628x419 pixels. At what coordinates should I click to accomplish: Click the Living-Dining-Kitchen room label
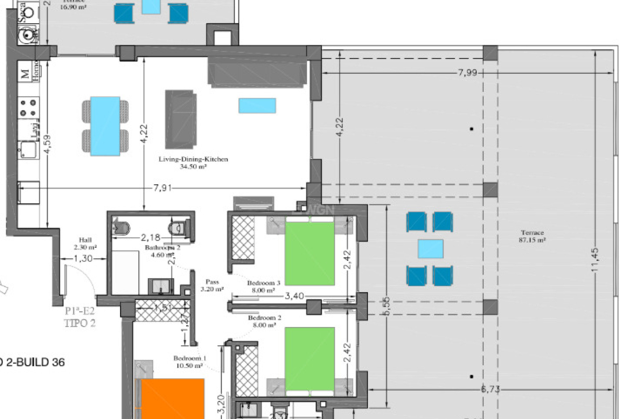pyautogui.click(x=193, y=159)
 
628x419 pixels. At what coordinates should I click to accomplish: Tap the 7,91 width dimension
pyautogui.click(x=162, y=188)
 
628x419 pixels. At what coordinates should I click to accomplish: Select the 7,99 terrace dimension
pyautogui.click(x=467, y=73)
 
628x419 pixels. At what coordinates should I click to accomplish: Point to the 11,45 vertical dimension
pyautogui.click(x=595, y=259)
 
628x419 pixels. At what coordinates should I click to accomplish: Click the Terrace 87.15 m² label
pyautogui.click(x=532, y=236)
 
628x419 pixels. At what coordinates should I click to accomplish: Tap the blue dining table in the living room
pyautogui.click(x=105, y=126)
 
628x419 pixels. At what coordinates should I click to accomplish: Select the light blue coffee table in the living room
pyautogui.click(x=257, y=106)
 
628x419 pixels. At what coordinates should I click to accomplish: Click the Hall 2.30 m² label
pyautogui.click(x=85, y=244)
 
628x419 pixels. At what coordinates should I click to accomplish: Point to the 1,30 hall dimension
pyautogui.click(x=83, y=259)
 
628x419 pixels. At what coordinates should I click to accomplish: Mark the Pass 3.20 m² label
pyautogui.click(x=212, y=285)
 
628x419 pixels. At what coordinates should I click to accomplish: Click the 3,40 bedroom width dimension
pyautogui.click(x=294, y=296)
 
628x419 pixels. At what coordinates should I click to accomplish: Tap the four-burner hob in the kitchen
pyautogui.click(x=28, y=108)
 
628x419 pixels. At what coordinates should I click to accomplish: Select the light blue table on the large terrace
pyautogui.click(x=430, y=249)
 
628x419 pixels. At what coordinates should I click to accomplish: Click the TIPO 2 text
pyautogui.click(x=80, y=323)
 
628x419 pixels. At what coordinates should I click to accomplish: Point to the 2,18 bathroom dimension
pyautogui.click(x=150, y=237)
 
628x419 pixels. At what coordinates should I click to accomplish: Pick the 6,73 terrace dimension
pyautogui.click(x=490, y=389)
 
